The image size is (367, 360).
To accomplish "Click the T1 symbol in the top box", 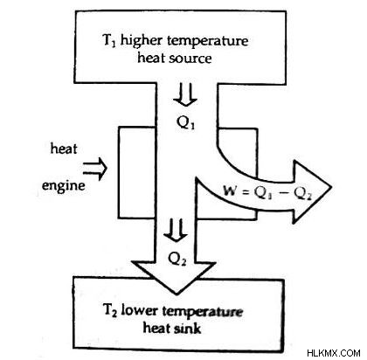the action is [x=109, y=40].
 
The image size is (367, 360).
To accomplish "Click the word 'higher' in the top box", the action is [x=143, y=40].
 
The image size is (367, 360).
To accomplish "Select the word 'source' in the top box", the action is [x=190, y=59].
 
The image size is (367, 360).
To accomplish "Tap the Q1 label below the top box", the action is [x=186, y=123].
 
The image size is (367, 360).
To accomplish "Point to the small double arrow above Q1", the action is [x=185, y=94].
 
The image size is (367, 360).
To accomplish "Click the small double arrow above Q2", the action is [x=176, y=230].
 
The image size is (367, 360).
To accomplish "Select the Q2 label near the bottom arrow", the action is [x=177, y=259].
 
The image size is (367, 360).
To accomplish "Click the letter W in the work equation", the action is [x=230, y=190].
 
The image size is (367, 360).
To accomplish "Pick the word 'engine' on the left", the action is [x=64, y=185].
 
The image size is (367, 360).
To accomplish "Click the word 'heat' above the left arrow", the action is [x=64, y=149].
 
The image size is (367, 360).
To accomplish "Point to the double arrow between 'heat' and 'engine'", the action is [x=95, y=169].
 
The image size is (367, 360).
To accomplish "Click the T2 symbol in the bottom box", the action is [x=110, y=310].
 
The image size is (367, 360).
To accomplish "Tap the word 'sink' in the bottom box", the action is [x=188, y=329].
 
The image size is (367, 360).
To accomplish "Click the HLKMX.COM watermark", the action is [x=334, y=353].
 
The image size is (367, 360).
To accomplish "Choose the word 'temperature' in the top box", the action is [x=208, y=41].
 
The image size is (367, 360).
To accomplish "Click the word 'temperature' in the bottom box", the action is [x=202, y=312].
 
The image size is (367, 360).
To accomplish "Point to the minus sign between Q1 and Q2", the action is [x=285, y=193].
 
